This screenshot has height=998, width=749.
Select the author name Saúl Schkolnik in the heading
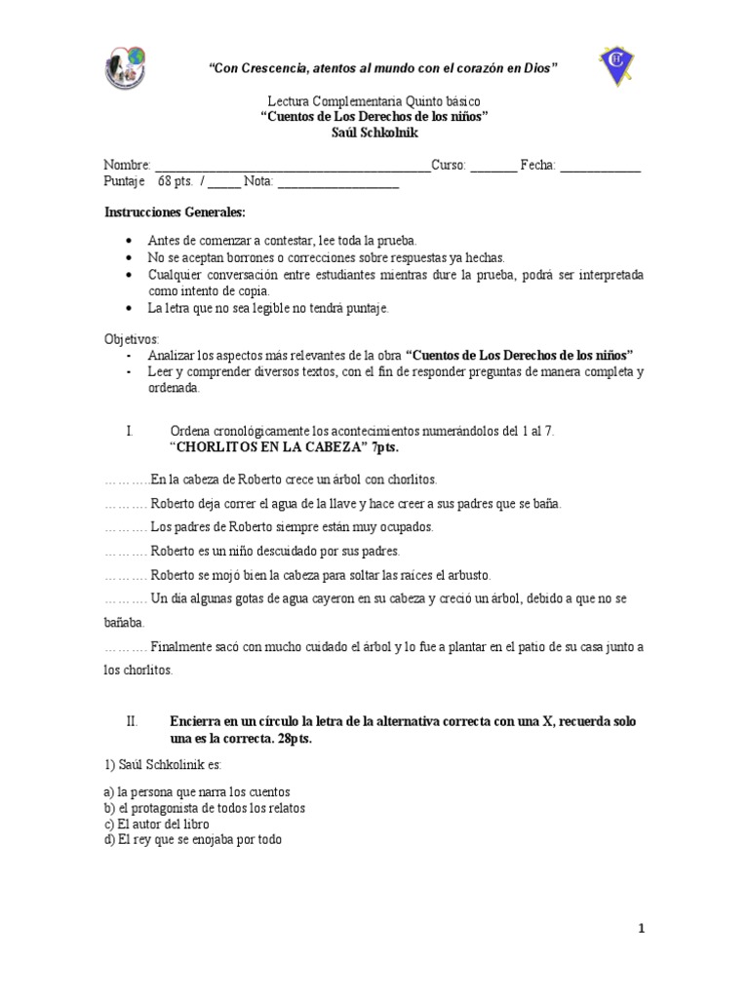tap(374, 131)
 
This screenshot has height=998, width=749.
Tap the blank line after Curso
tap(493, 167)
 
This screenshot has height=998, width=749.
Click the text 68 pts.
tap(176, 181)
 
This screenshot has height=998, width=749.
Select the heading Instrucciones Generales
tap(175, 212)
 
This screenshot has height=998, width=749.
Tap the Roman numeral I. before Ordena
tap(130, 431)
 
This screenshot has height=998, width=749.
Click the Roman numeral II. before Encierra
tap(134, 721)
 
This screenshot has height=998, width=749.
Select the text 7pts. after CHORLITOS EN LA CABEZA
tap(385, 447)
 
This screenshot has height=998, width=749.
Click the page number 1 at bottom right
tap(641, 929)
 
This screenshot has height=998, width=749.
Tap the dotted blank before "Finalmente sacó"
tap(125, 647)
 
